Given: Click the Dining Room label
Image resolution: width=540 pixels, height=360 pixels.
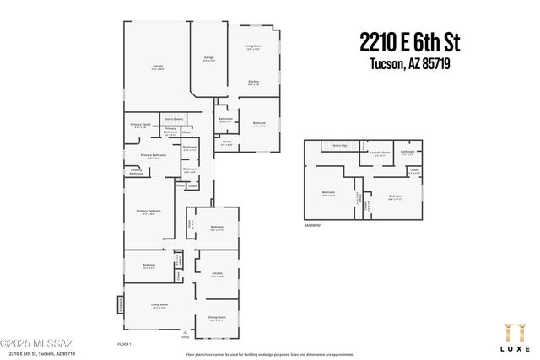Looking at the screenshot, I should pyautogui.click(x=216, y=318).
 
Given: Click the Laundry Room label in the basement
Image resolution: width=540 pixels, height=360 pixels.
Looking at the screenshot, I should pyautogui.click(x=381, y=153).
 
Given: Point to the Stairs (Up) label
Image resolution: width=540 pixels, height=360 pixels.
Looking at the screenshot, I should pyautogui.click(x=340, y=146).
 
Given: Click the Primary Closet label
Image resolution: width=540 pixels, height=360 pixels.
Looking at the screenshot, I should pyautogui.click(x=140, y=126).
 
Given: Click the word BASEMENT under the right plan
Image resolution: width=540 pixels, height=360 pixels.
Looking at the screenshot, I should pyautogui.click(x=314, y=226).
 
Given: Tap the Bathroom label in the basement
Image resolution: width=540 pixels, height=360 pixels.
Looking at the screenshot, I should pyautogui.click(x=408, y=153).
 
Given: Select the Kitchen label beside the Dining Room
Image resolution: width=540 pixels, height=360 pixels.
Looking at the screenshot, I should pyautogui.click(x=217, y=274).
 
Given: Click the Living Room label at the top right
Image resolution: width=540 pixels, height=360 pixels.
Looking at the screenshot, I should pyautogui.click(x=253, y=47).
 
